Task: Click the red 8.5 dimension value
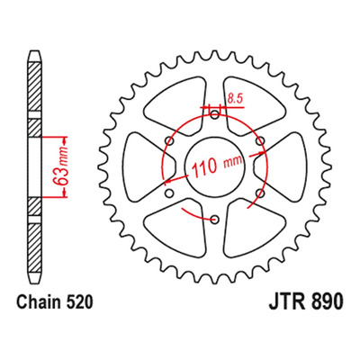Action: coord(235,99)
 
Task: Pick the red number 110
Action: coord(204,167)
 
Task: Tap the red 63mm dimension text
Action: coord(60,166)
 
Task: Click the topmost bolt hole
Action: coord(214,114)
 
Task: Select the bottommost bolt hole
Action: coord(214,220)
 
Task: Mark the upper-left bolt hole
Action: coord(170,140)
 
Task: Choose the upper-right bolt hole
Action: coord(260,140)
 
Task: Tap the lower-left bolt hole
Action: coord(169,193)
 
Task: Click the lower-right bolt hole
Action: coord(260,193)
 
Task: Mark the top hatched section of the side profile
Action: coord(34,86)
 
